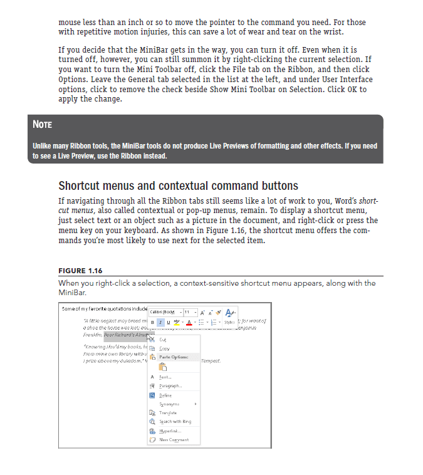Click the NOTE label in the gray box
coord(42,125)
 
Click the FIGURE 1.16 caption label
coord(80,271)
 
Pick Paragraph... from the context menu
coord(171,386)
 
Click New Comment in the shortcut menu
coord(174,440)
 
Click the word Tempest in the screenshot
coord(211,361)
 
